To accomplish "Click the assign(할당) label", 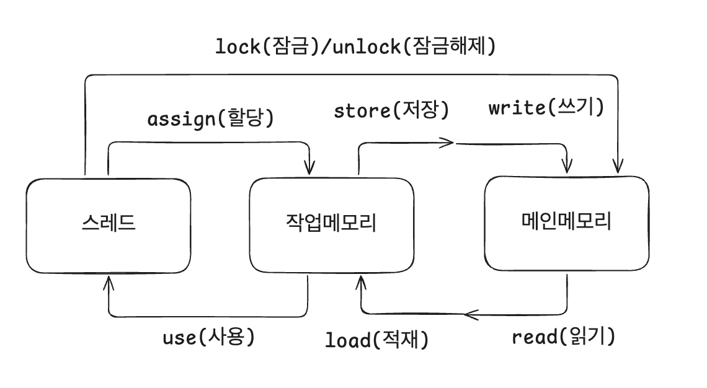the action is coord(211,118).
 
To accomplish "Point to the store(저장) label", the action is coord(391,110).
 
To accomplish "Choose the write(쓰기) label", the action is coord(546,107).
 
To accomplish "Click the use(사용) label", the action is coord(209,337).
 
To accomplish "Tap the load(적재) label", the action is coord(376,339).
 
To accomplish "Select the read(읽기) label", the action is coord(564,336).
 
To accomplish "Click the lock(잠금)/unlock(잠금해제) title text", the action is coord(355,46).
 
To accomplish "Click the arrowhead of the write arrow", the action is coord(567,167).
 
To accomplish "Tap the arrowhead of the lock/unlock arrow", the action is coord(618,167).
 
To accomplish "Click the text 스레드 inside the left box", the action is coord(109,223).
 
